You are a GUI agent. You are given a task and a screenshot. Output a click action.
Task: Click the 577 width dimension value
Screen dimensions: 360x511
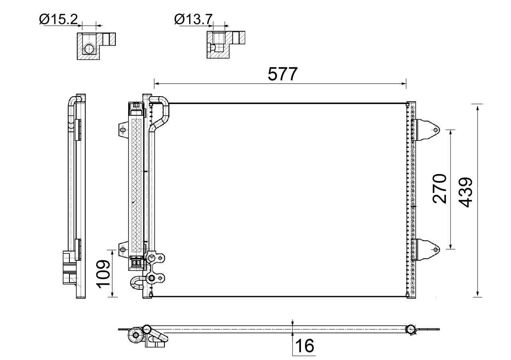[283, 74]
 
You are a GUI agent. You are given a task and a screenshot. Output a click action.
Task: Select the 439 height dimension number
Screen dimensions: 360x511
[465, 193]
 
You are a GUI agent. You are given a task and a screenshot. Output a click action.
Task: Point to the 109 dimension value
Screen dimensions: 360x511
[103, 273]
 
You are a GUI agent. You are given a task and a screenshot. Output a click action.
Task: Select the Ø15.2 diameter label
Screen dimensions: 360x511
[58, 19]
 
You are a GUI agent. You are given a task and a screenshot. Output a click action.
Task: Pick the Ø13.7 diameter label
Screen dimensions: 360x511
[194, 19]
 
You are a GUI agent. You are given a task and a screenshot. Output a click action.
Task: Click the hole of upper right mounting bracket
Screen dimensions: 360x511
[436, 130]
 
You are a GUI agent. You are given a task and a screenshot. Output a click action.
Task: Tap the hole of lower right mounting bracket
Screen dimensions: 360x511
[436, 249]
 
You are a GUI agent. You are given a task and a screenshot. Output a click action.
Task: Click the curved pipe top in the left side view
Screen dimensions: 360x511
[72, 100]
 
